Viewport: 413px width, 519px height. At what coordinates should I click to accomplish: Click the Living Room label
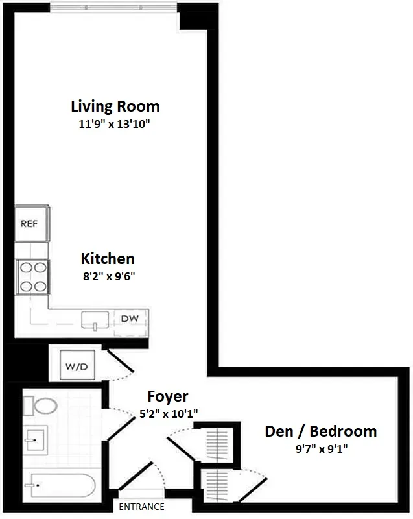115,106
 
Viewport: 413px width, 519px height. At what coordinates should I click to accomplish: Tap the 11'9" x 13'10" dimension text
115,123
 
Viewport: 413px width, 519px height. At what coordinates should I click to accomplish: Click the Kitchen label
108,258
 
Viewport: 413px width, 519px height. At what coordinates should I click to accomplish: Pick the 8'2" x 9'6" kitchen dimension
108,275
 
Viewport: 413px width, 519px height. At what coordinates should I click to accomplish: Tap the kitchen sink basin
96,320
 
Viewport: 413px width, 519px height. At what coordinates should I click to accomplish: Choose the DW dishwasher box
130,319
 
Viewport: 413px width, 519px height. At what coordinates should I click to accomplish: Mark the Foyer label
167,396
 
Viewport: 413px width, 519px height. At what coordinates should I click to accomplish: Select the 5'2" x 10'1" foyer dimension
167,412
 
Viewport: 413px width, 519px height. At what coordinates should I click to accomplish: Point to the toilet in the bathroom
43,407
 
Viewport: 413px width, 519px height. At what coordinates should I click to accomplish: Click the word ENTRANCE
141,507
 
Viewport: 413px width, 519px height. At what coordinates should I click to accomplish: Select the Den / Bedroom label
321,431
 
